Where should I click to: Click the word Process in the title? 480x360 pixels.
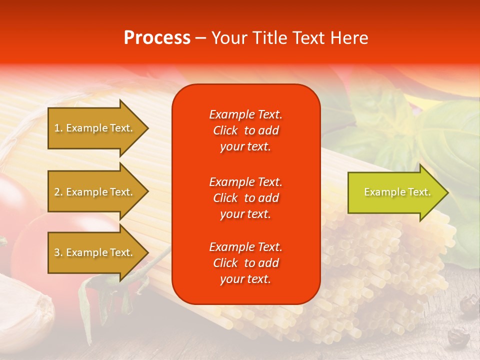[157, 38]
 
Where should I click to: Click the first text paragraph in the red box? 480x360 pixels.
[245, 130]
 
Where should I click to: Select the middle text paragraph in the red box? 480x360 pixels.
[245, 197]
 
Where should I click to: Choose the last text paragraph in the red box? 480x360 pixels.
[245, 263]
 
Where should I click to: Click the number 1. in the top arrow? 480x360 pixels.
[58, 128]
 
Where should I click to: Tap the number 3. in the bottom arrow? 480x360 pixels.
[58, 252]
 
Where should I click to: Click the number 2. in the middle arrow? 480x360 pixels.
[58, 192]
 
